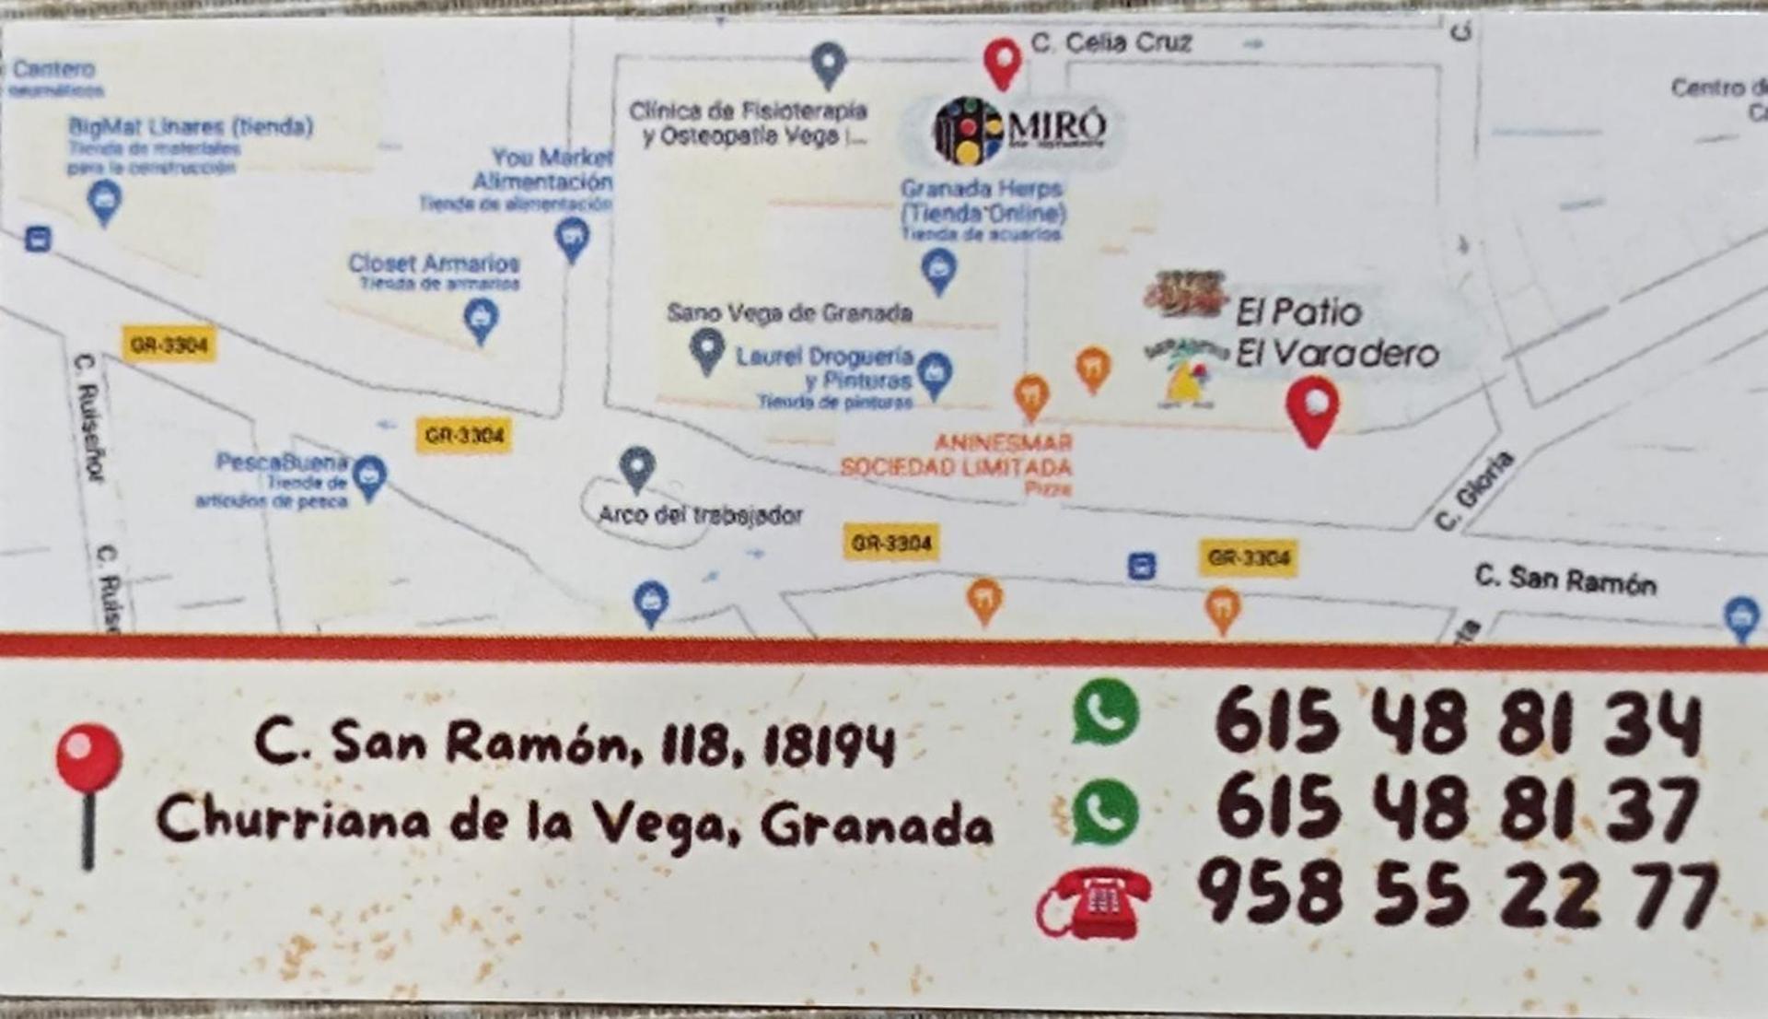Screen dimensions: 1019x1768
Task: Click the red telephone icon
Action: [x=1095, y=902]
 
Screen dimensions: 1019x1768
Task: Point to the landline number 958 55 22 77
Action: [x=1457, y=892]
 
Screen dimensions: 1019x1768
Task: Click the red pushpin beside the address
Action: [x=88, y=792]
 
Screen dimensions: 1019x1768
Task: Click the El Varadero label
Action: [x=1336, y=354]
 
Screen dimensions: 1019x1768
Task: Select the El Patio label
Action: [x=1297, y=312]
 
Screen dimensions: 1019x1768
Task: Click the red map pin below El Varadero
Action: [x=1312, y=411]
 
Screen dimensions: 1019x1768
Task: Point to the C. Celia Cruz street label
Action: [x=1111, y=42]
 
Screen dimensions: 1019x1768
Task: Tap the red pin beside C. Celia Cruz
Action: [x=1002, y=63]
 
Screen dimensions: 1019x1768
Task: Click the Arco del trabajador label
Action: [x=700, y=514]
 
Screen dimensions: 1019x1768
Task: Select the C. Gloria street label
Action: [x=1474, y=490]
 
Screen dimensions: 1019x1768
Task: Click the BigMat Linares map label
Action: [x=191, y=126]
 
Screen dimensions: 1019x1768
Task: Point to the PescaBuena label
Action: [x=282, y=462]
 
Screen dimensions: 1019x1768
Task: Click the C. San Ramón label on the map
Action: [x=1564, y=580]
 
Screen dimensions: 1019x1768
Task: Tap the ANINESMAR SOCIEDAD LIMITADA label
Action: [x=957, y=455]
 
